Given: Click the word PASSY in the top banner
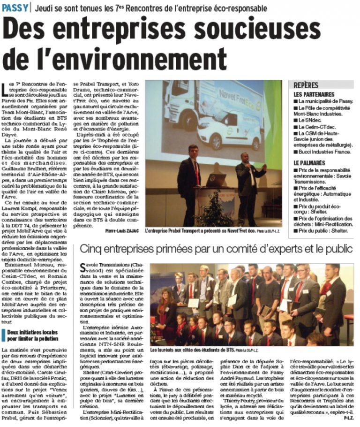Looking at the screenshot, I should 15,8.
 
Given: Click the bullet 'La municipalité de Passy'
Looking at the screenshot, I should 326,101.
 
